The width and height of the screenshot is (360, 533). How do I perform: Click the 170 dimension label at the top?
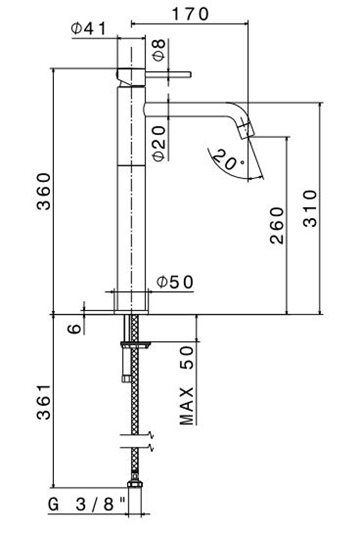190,14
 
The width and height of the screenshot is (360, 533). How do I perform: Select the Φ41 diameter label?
88,29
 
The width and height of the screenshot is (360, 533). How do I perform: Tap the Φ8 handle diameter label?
159,50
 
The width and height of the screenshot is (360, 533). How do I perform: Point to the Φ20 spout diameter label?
159,143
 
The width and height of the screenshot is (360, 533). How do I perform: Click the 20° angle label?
227,160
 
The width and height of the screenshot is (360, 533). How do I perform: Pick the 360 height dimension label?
44,191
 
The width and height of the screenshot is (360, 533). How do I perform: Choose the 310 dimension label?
310,208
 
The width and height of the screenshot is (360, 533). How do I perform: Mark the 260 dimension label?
277,225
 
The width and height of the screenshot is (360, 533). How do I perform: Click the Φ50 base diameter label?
175,282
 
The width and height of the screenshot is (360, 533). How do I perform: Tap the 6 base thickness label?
75,328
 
